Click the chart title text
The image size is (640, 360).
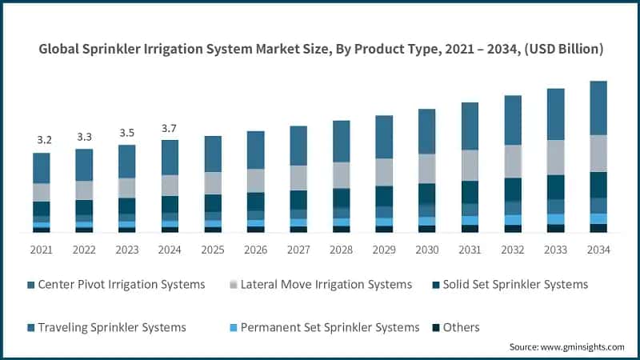click(320, 49)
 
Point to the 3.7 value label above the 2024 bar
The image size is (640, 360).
click(170, 128)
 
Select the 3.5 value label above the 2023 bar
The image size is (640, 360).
click(127, 133)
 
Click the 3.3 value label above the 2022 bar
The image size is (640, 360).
click(84, 137)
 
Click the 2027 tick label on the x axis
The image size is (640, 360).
click(298, 250)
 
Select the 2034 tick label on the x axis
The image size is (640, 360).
click(598, 250)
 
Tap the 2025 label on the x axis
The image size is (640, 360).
click(212, 250)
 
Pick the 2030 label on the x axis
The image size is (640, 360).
click(426, 250)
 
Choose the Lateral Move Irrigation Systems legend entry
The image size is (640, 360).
click(320, 285)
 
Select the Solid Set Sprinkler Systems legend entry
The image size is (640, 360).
click(510, 285)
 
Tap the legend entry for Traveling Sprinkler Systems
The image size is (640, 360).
click(106, 327)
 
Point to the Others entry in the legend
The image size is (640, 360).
click(456, 327)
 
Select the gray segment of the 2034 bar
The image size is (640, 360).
click(598, 153)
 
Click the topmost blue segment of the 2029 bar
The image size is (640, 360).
click(384, 137)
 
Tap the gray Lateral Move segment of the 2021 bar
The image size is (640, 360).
click(42, 192)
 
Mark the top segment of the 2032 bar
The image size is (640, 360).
click(512, 120)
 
